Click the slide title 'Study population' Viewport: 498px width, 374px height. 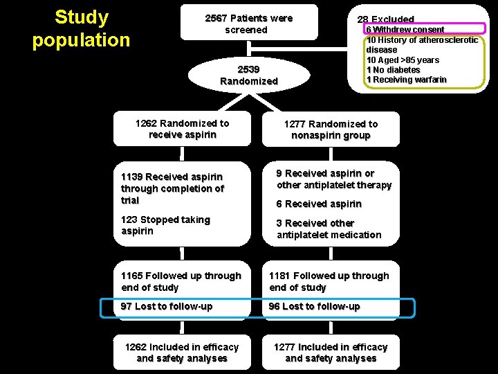coord(81,28)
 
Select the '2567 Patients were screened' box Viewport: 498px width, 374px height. coord(248,24)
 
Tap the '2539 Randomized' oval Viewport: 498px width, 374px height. coord(248,76)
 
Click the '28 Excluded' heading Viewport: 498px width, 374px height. coord(385,19)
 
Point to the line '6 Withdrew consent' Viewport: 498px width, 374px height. coord(405,30)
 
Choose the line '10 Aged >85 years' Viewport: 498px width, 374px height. coord(403,60)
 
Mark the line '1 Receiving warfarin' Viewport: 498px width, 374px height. coord(406,80)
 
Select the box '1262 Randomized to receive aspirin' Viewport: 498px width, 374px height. coord(182,129)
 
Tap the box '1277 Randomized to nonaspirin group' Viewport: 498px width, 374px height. coord(331,130)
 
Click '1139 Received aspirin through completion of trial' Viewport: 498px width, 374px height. coord(172,188)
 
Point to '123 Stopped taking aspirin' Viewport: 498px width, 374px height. coord(165,225)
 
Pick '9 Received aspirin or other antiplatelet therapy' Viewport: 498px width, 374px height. coord(334,179)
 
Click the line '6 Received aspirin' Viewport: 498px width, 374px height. coord(319,204)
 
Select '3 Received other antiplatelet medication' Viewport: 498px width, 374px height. coord(329,229)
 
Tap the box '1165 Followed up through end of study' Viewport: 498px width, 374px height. coord(182,281)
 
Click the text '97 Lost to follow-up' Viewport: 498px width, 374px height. coord(167,306)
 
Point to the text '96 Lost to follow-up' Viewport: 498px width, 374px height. coord(315,306)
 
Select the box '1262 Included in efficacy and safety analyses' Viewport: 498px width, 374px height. coord(182,353)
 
